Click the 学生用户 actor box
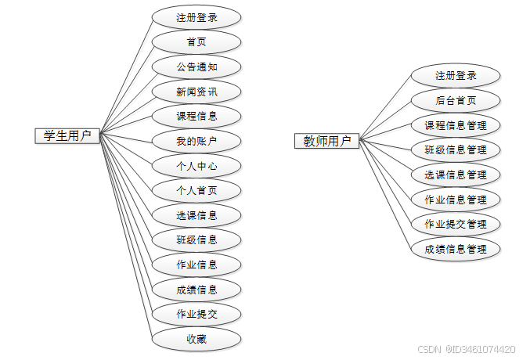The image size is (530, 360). pos(63,136)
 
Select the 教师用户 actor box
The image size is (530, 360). pos(327,142)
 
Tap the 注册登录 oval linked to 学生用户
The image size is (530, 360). pos(196,16)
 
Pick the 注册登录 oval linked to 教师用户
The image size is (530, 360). pos(456,76)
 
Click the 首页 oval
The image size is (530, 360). pos(196,41)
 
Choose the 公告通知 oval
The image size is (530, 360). pos(196,67)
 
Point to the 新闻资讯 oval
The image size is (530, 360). pos(196,92)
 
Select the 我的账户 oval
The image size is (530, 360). pos(196,142)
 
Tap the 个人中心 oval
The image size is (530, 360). pos(196,166)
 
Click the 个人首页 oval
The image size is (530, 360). pos(196,190)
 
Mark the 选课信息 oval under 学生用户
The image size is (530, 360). pos(196,215)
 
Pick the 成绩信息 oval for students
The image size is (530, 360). pos(196,290)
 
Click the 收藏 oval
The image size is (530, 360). pos(196,339)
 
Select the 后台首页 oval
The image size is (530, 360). pos(456,100)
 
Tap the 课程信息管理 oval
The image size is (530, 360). pos(456,125)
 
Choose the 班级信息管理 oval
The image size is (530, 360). pos(456,149)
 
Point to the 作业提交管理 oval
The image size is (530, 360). pos(456,224)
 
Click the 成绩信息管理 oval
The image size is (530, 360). pos(456,249)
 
